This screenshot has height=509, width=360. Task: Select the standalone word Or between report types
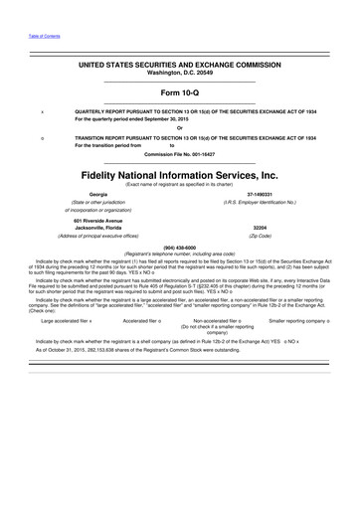pos(180,128)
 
